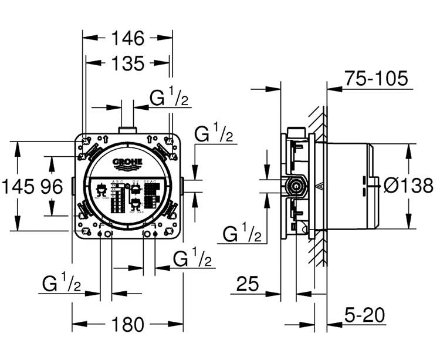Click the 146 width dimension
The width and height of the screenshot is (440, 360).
(127, 39)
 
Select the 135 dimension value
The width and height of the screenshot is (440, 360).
(127, 63)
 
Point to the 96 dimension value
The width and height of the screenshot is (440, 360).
(51, 187)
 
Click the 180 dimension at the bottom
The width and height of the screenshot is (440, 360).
(127, 324)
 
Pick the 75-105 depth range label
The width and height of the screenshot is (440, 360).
(376, 78)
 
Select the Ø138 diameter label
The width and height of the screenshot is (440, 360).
(408, 186)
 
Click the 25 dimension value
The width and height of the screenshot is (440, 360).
(247, 284)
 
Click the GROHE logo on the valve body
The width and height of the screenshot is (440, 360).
(127, 162)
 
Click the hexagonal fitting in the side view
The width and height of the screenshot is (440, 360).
(296, 187)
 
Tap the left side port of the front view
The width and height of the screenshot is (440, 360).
(72, 186)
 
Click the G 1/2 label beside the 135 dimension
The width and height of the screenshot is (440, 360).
(169, 97)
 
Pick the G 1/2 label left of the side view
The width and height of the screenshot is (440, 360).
(242, 234)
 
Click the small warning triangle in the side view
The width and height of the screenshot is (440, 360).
(319, 187)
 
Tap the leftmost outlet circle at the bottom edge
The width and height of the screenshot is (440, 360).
(100, 234)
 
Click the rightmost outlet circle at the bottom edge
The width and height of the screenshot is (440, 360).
(154, 234)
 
